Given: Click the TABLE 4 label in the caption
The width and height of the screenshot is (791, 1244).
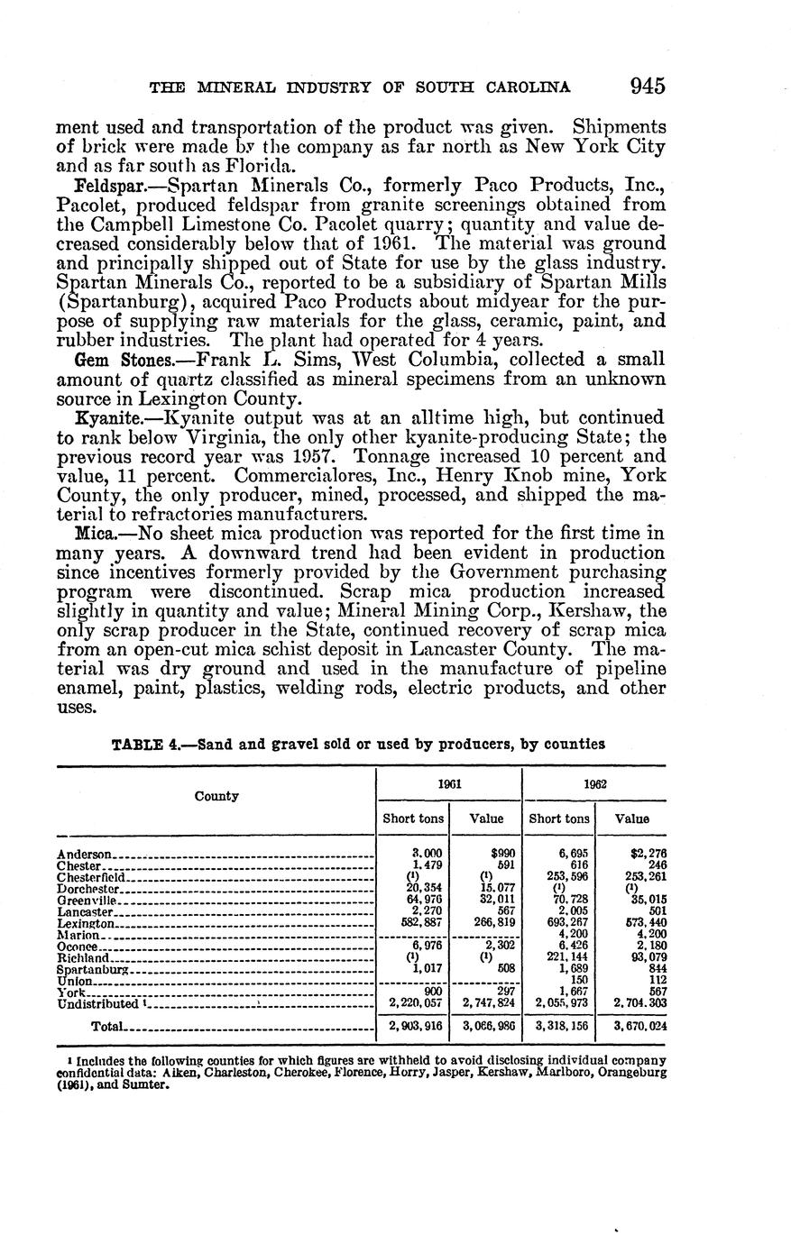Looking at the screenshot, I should (147, 745).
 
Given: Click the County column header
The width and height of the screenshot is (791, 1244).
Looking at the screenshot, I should (216, 796).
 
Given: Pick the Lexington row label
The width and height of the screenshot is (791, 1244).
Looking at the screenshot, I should (86, 924).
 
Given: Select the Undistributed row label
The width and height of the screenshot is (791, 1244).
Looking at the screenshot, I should (98, 1003).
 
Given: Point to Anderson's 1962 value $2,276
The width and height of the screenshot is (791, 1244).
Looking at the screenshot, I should (648, 854).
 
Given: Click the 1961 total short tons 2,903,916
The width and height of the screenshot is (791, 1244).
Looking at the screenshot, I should (414, 1026).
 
